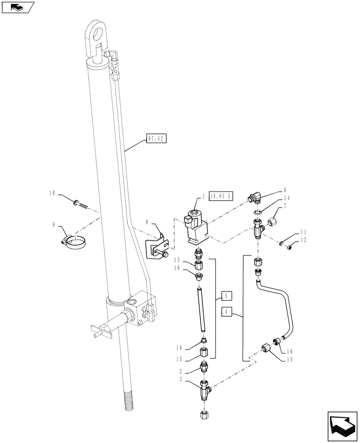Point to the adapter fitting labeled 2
[203, 367]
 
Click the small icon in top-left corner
[16, 7]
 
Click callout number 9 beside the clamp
[54, 225]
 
